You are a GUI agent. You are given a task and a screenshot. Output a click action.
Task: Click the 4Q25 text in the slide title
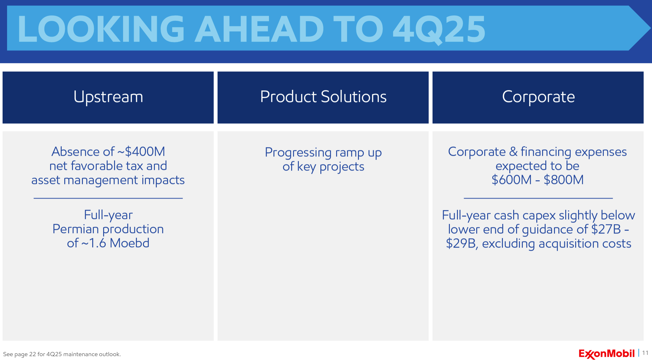[439, 29]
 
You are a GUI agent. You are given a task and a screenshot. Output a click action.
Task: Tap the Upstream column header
[108, 97]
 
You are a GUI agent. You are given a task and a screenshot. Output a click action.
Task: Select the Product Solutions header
[323, 97]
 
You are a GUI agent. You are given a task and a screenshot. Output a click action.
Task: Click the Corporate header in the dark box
[538, 97]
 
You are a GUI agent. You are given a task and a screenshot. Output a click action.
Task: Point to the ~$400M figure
[141, 152]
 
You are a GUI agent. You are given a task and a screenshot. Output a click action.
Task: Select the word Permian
[76, 229]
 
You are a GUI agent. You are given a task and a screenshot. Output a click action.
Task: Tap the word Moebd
[130, 243]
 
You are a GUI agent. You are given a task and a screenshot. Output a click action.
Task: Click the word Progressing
[298, 153]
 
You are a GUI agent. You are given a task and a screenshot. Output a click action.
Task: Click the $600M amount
[512, 180]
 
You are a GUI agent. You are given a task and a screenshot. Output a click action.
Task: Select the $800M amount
[564, 180]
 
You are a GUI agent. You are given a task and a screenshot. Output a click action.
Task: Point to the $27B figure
[606, 229]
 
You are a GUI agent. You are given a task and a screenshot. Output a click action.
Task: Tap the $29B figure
[461, 244]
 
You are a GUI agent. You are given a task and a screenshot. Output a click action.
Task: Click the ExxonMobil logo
[607, 354]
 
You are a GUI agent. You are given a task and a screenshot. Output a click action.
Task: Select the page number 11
[645, 353]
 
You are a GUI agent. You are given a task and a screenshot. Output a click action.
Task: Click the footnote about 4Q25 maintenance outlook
[62, 354]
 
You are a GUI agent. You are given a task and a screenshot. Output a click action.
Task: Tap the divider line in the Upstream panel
[108, 198]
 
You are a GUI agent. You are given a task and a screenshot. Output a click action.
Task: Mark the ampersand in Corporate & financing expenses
[513, 152]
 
